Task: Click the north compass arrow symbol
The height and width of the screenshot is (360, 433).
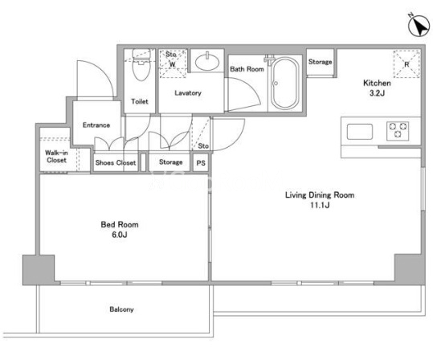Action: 419,26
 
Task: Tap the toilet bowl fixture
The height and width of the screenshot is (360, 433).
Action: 141,64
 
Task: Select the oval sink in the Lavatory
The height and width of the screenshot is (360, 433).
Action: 207,62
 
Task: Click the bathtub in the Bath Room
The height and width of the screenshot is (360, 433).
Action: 285,83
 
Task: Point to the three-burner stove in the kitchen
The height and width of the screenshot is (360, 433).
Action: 398,130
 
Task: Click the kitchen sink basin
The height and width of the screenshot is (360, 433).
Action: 360,132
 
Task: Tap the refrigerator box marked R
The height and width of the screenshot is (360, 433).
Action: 406,64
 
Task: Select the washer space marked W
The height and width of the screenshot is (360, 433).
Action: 173,63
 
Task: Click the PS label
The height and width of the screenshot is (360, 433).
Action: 201,163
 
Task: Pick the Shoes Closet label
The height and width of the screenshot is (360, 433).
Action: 116,162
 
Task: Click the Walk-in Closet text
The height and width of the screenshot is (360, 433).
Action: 56,157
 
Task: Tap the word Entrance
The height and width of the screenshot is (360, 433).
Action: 96,125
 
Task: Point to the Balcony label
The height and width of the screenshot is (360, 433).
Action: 121,309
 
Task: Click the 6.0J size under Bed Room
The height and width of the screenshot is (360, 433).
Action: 119,235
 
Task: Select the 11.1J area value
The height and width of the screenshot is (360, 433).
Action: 320,205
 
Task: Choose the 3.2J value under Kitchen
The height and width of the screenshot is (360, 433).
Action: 377,93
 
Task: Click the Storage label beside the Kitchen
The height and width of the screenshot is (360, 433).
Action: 320,62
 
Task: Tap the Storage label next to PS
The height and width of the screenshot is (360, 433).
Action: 170,162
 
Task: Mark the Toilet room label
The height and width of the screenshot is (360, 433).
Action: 140,101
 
